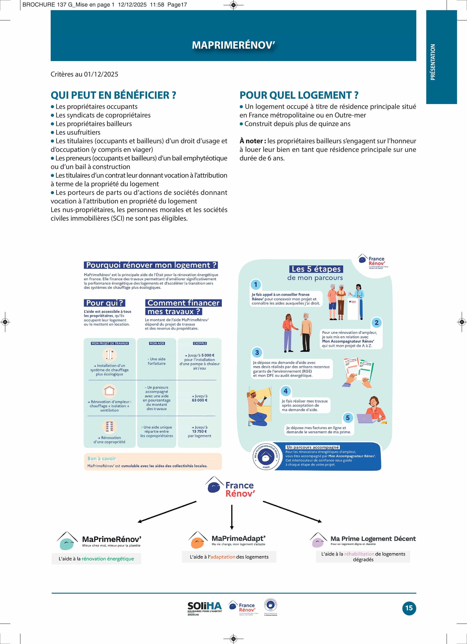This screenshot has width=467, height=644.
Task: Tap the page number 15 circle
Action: [409, 608]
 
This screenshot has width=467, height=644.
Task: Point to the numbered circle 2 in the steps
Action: [376, 323]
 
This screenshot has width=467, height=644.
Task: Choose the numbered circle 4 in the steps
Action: [286, 391]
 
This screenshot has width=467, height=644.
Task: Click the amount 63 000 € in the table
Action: [200, 400]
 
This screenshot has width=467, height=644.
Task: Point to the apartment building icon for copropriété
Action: [109, 426]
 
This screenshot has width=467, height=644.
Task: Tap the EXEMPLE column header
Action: [200, 343]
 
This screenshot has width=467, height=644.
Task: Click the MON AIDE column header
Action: [157, 343]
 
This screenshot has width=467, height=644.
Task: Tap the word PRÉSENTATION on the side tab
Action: [433, 62]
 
